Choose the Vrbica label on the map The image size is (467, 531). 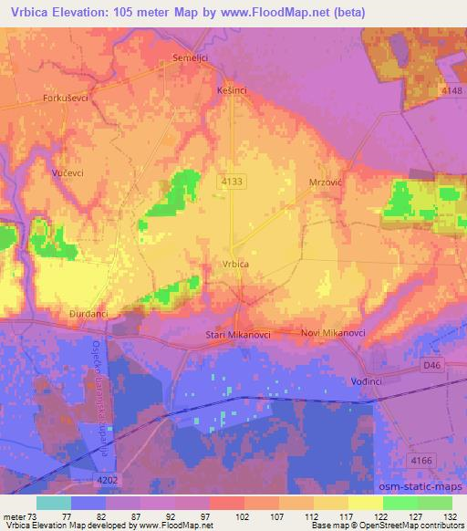pos(235,265)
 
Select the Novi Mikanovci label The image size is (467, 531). pos(333,333)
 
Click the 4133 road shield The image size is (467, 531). pos(231,182)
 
